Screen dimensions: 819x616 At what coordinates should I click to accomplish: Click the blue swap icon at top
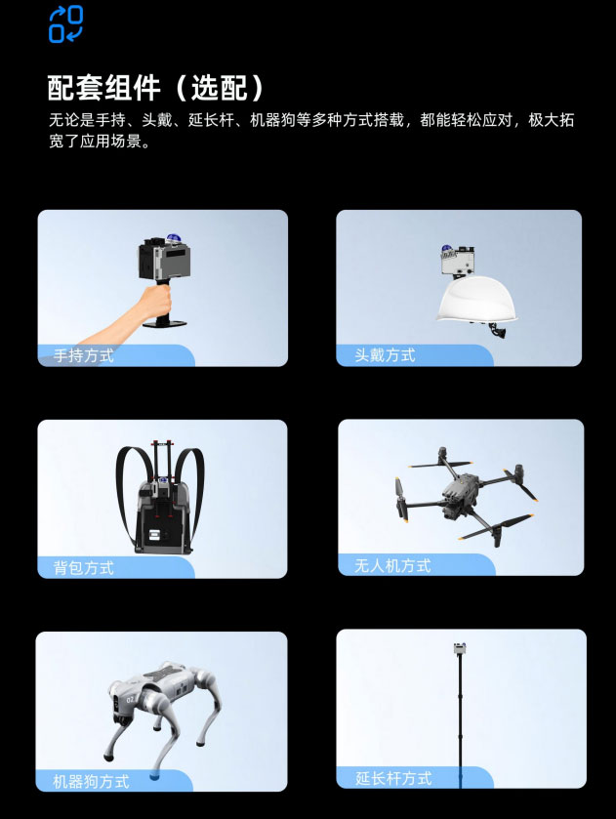65,23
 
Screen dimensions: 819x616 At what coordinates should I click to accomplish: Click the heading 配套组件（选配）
156,88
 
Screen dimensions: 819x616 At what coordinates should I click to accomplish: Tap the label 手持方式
78,356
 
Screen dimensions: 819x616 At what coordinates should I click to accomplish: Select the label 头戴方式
385,355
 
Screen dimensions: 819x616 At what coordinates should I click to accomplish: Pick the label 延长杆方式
393,778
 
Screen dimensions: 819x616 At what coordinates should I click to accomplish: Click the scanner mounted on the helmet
457,262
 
